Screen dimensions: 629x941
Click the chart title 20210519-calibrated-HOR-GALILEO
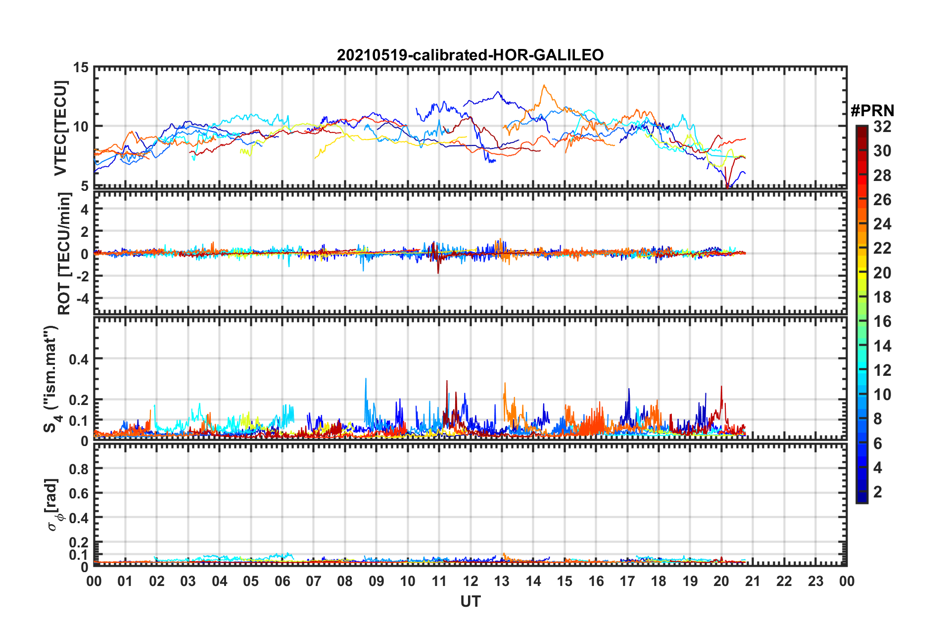470,55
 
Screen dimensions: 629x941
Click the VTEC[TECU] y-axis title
60,128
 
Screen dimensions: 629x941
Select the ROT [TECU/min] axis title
64,254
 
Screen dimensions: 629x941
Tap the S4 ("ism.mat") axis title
51,379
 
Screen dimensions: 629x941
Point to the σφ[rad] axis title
52,504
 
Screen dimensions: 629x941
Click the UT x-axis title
470,601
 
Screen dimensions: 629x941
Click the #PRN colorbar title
872,111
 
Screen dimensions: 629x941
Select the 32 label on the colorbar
882,127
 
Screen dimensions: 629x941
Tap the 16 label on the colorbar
882,321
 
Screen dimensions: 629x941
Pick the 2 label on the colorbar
878,492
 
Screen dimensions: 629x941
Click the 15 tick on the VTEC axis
81,67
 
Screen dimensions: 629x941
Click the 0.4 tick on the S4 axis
79,359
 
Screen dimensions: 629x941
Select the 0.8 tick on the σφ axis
79,468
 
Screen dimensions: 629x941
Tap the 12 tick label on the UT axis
470,581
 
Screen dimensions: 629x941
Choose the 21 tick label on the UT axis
753,581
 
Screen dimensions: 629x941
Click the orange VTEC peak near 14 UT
544,86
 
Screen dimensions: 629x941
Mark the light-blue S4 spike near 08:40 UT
366,379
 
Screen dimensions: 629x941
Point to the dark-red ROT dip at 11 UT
438,272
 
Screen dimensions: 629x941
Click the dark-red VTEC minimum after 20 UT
727,187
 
